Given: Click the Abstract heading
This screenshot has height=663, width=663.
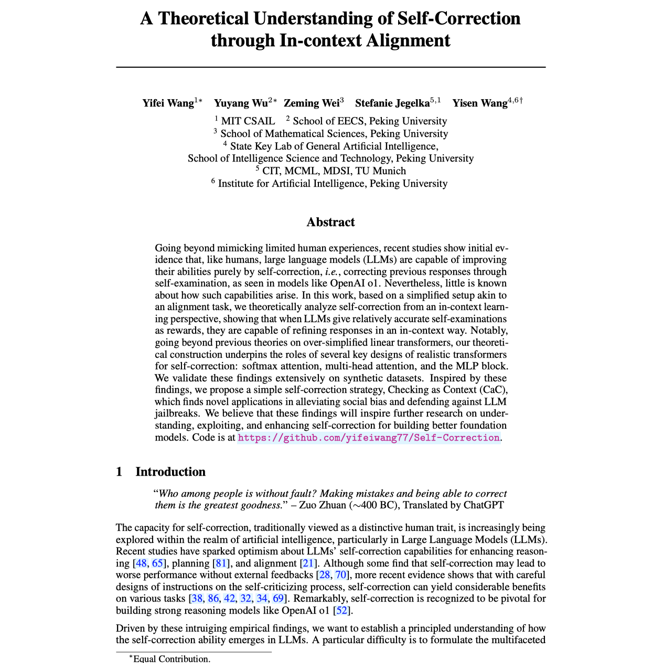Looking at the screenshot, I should click(330, 222).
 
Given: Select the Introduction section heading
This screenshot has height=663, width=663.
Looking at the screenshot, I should click(170, 472).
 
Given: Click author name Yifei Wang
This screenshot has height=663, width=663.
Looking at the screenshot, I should click(168, 103).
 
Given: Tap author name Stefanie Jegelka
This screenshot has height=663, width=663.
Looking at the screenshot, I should click(392, 103).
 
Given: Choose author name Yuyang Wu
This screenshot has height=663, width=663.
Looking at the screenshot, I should click(241, 103).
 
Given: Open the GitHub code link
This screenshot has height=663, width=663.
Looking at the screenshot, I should click(369, 437).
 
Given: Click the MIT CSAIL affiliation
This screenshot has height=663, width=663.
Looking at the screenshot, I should click(248, 121).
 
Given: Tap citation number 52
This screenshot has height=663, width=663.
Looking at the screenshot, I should click(341, 610).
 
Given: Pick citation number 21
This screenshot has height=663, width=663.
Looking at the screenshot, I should click(308, 563).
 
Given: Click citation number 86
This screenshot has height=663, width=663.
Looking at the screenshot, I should click(213, 598).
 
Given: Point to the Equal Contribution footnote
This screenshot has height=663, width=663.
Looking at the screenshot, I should click(172, 658).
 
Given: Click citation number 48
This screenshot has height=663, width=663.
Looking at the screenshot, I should click(141, 563).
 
